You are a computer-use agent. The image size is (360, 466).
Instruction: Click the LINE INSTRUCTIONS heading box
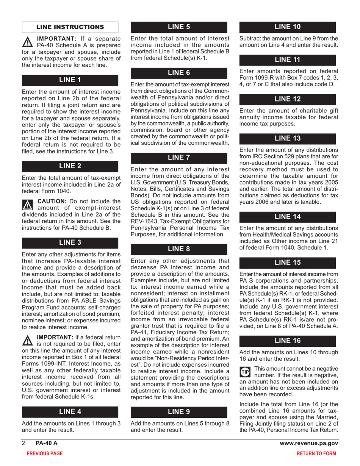tap(70, 27)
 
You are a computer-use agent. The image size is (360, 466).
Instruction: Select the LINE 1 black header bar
tap(70, 80)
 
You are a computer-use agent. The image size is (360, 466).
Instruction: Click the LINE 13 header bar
tap(288, 138)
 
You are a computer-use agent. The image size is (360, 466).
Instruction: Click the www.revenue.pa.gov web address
tap(308, 443)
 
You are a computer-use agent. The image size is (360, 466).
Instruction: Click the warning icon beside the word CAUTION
tap(28, 205)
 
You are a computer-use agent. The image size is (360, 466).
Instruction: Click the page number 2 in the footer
tap(23, 443)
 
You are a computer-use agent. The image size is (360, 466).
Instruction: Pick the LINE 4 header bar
tap(70, 412)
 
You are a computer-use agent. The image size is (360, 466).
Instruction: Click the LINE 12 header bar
tap(288, 99)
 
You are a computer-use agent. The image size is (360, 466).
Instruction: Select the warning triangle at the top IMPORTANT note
tap(28, 41)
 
